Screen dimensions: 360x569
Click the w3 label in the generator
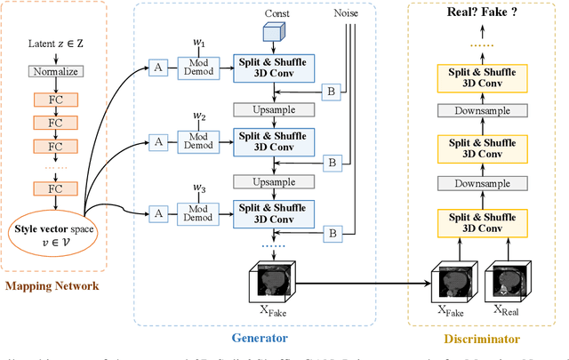click(201, 188)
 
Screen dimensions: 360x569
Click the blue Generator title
click(260, 339)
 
